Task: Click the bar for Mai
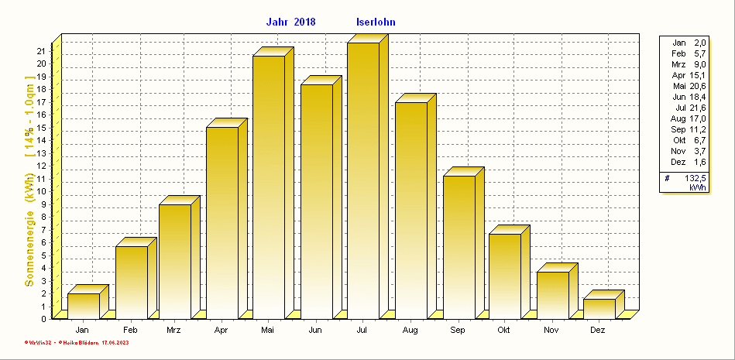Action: [x=268, y=187]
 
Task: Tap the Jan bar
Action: [x=83, y=306]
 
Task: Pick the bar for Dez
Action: [x=599, y=308]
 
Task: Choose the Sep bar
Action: [x=459, y=247]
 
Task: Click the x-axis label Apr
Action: [x=221, y=331]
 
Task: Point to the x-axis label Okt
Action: [x=504, y=331]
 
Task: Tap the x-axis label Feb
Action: [x=130, y=331]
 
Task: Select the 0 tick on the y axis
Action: [x=43, y=318]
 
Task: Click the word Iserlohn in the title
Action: [x=376, y=22]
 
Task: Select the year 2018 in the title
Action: [x=304, y=22]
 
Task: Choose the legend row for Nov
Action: [x=688, y=151]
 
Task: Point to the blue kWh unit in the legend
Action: [x=698, y=187]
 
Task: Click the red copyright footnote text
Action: [x=81, y=341]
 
